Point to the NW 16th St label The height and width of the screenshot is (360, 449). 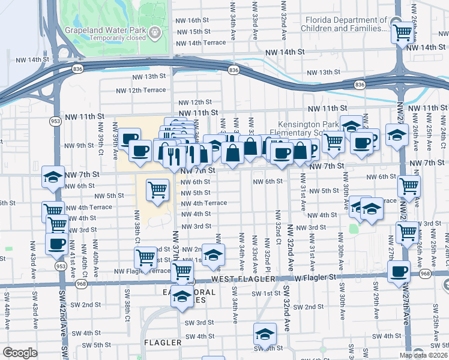click(x=192, y=20)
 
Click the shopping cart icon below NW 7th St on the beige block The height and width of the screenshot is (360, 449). click(x=157, y=190)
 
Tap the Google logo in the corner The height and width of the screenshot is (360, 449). click(x=20, y=353)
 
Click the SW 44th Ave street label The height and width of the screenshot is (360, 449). click(x=7, y=315)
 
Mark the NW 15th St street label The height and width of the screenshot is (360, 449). click(x=192, y=31)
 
